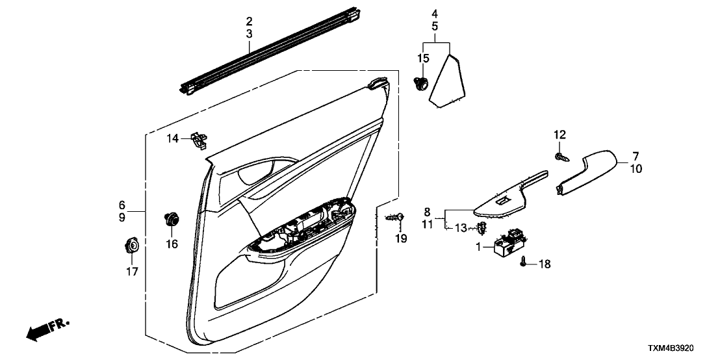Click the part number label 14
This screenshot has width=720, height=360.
[x=172, y=138]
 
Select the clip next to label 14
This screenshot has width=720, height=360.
[x=199, y=138]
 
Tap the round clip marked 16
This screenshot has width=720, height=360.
[x=172, y=219]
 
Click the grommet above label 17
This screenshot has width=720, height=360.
[x=132, y=246]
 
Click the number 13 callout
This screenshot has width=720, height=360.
[x=461, y=227]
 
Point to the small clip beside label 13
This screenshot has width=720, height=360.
[x=482, y=227]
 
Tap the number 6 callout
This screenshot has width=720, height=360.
[x=122, y=203]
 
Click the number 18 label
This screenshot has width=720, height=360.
[x=544, y=264]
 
